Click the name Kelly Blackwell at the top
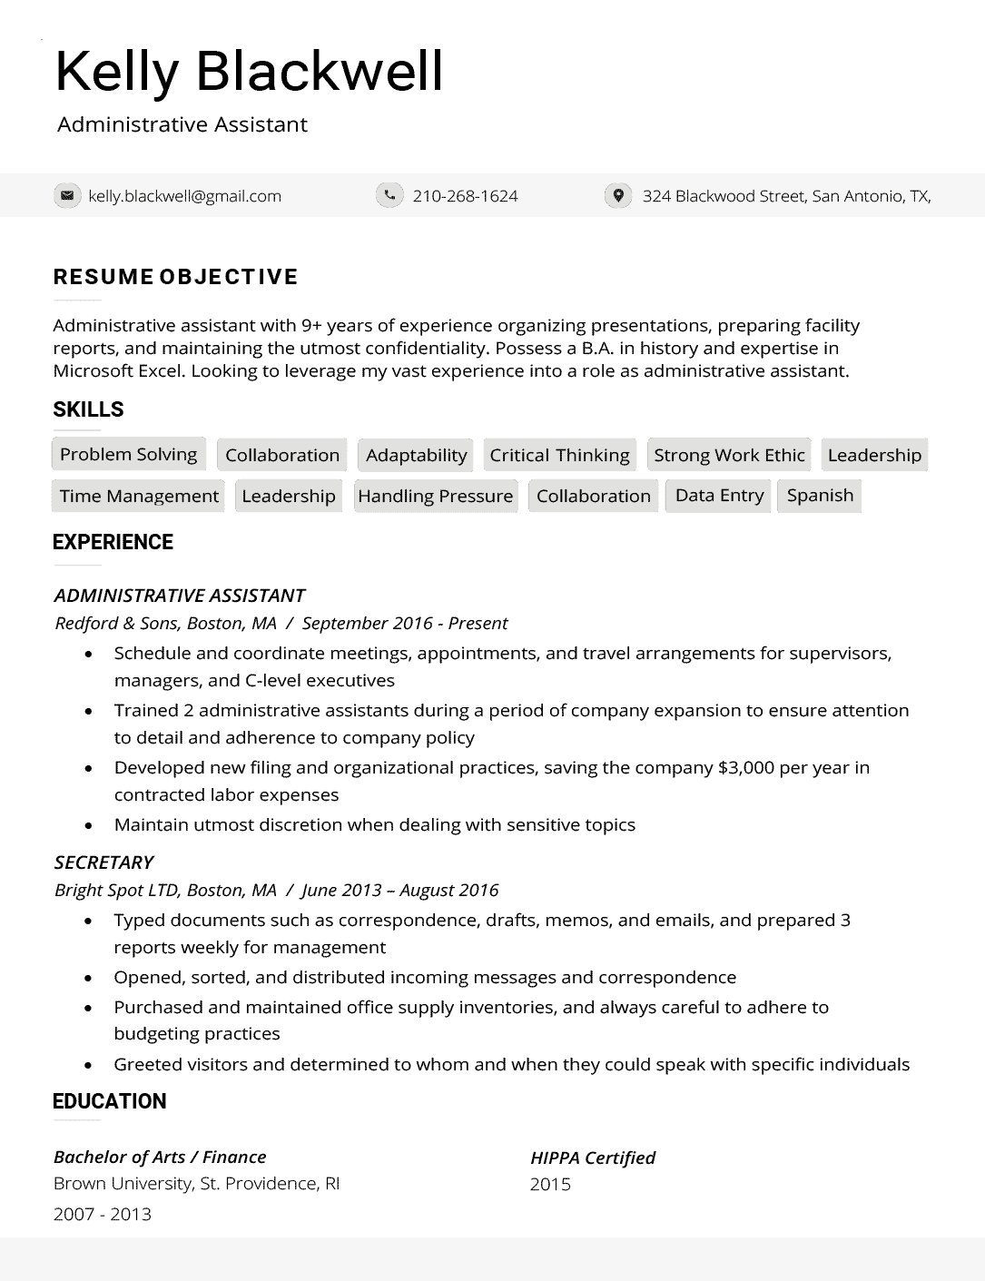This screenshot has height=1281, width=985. pos(249,72)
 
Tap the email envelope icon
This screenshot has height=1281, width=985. pos(66,195)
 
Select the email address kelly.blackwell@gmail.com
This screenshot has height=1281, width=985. pos(184,196)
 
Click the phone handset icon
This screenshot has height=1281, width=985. pos(389,195)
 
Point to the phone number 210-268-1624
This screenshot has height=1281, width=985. pos(465,196)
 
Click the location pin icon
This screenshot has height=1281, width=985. pos(618,195)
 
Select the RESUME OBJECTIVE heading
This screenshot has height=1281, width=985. pos(175,277)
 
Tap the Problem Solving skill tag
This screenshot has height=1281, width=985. pos(128,454)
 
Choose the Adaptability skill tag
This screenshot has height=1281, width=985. pos(416,455)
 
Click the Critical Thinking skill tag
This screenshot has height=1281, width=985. pos(559,455)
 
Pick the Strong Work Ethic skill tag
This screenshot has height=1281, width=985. pos(729,455)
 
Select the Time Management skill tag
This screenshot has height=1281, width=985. pos(139,496)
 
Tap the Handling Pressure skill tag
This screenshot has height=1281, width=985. pos(435,496)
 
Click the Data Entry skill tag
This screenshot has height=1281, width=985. pos(719,496)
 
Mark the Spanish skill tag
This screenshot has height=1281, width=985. pos(820,496)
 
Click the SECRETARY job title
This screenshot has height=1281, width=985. pos(103,862)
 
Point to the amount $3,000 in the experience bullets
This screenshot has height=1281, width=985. pos(746,767)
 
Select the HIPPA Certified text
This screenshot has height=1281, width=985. pos(592,1158)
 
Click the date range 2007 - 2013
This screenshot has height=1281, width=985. pos(103,1214)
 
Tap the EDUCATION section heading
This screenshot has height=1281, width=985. pos(109,1101)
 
